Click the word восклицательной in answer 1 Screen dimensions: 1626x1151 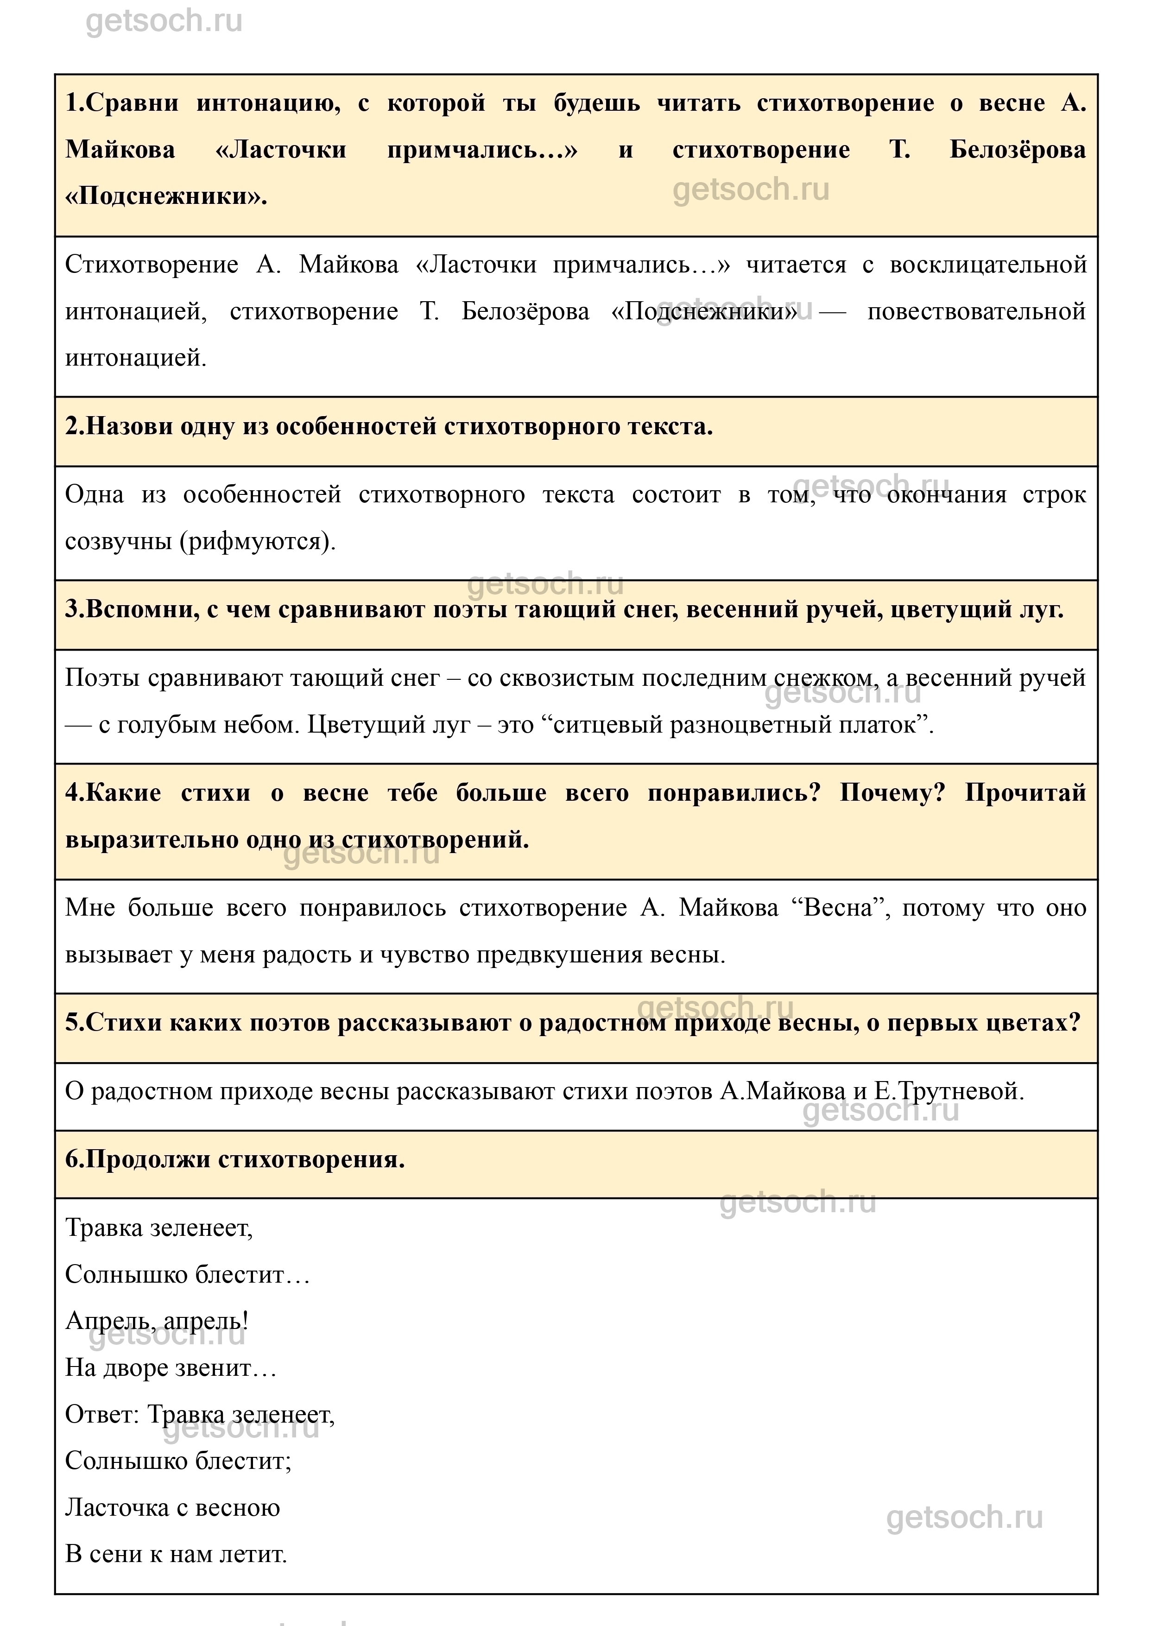[x=988, y=265]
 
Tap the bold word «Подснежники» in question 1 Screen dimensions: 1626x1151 [x=166, y=196]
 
